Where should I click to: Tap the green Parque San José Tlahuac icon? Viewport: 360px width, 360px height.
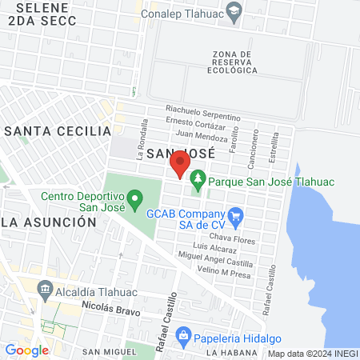pos(197,182)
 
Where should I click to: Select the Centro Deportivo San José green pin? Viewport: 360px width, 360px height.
pos(135,197)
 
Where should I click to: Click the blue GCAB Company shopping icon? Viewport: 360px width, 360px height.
pos(235,216)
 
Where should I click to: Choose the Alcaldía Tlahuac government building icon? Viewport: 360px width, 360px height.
pos(45,290)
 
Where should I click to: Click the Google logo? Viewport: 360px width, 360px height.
pos(26,350)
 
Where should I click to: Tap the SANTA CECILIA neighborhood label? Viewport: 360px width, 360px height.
pos(58,130)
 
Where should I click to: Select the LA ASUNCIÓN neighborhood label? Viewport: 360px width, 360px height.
pos(54,222)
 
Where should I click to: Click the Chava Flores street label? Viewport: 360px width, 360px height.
pos(231,238)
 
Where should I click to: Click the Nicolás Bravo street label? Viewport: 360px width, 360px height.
pos(110,308)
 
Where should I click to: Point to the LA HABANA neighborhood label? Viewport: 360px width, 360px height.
pos(229,351)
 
